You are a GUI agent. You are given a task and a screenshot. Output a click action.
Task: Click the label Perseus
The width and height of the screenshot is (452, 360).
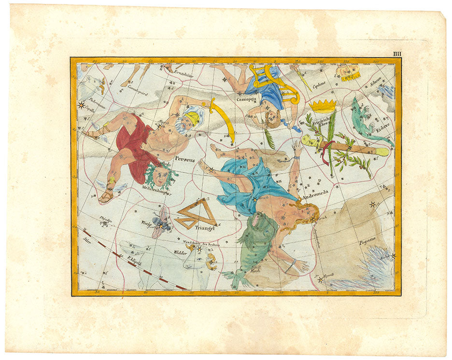(x=185, y=158)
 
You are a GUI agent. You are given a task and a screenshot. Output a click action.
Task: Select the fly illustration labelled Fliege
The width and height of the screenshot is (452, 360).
(x=161, y=222)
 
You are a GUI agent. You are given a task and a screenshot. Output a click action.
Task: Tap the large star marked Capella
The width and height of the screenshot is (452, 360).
(x=81, y=104)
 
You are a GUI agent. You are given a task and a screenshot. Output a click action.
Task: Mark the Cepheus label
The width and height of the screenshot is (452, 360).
(x=319, y=84)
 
